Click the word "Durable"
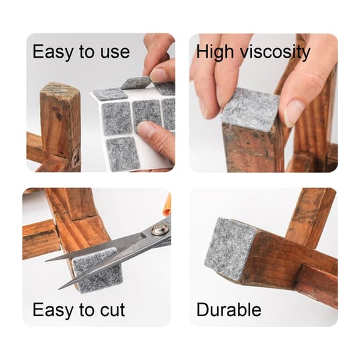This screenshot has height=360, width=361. point(229,310)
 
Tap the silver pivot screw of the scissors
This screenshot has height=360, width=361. point(159,230)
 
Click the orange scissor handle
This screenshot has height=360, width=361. point(168,203)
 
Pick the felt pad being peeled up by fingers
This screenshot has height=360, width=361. point(136,83)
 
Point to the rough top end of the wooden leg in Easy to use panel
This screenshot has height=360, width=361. point(60,90)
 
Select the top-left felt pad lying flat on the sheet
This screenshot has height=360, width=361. point(111,94)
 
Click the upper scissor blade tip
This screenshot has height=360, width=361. point(46,261)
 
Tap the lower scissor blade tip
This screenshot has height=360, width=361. point(59,288)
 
